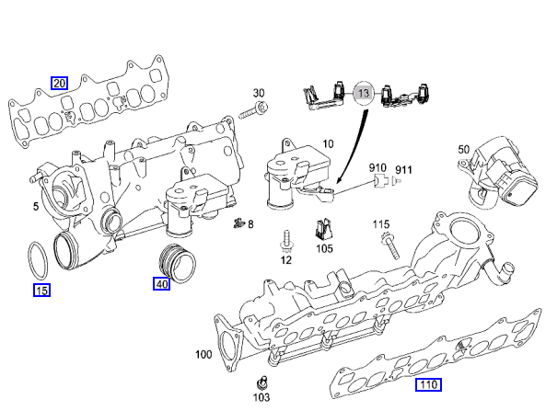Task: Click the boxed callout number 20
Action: click(x=59, y=83)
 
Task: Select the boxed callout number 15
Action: click(x=41, y=290)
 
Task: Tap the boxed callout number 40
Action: click(x=161, y=284)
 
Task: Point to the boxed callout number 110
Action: click(x=428, y=384)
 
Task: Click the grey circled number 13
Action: click(x=363, y=93)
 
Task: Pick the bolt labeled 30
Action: click(x=253, y=110)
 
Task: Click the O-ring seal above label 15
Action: click(x=38, y=260)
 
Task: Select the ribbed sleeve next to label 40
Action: click(x=177, y=263)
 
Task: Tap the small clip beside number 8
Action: click(x=238, y=223)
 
